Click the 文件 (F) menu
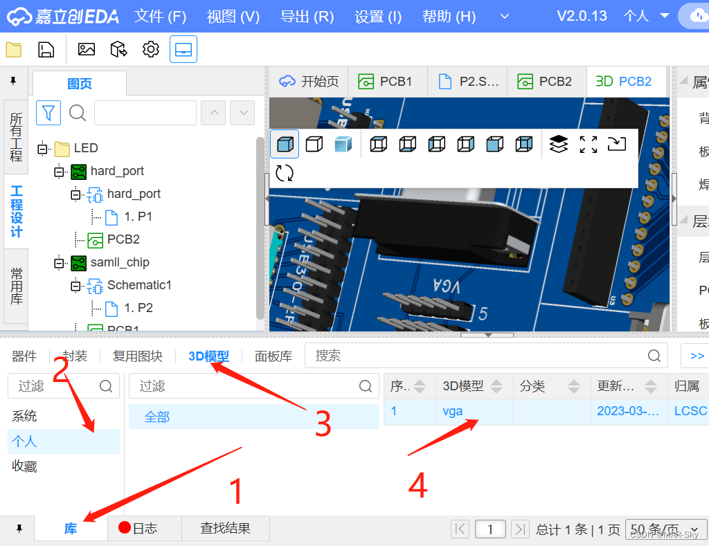pyautogui.click(x=160, y=16)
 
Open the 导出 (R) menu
pyautogui.click(x=307, y=16)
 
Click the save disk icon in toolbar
pyautogui.click(x=46, y=49)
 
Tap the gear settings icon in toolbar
pyautogui.click(x=151, y=49)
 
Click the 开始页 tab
pyautogui.click(x=309, y=82)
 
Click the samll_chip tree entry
pyautogui.click(x=119, y=262)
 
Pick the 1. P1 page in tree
pyautogui.click(x=137, y=217)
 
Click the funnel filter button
pyautogui.click(x=48, y=112)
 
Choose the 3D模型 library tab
pyautogui.click(x=208, y=356)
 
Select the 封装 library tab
pyautogui.click(x=75, y=356)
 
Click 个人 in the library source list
pyautogui.click(x=24, y=442)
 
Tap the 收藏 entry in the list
pyautogui.click(x=24, y=466)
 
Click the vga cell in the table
pyautogui.click(x=453, y=411)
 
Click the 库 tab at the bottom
pyautogui.click(x=71, y=529)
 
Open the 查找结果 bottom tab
pyautogui.click(x=225, y=529)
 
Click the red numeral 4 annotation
pyautogui.click(x=418, y=486)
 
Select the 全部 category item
pyautogui.click(x=157, y=417)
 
